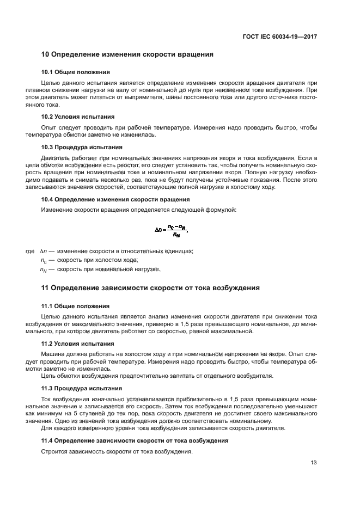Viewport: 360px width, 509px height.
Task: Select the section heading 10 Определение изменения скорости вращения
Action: pyautogui.click(x=127, y=54)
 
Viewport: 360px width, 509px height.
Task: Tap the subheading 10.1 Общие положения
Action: pyautogui.click(x=76, y=72)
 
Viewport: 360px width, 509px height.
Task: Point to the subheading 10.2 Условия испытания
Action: pyautogui.click(x=78, y=116)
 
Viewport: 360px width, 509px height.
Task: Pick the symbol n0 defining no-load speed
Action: pyautogui.click(x=43, y=260)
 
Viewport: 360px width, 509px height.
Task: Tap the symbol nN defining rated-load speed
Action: pyautogui.click(x=44, y=269)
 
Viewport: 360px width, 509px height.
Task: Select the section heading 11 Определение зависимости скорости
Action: pyautogui.click(x=151, y=288)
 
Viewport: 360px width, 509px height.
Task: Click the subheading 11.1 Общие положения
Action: pyautogui.click(x=76, y=306)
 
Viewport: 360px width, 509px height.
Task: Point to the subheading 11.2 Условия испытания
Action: pyautogui.click(x=78, y=344)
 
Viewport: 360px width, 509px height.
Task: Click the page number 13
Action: pyautogui.click(x=313, y=463)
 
